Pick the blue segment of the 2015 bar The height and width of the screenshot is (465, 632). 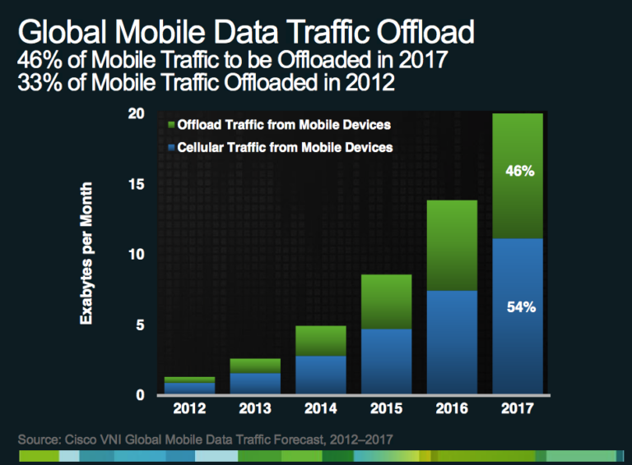[x=386, y=361]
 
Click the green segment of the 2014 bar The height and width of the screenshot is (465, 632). [x=320, y=341]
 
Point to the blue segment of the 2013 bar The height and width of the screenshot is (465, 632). [x=255, y=384]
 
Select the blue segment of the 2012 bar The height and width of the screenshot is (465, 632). [x=189, y=388]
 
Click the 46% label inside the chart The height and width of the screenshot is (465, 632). [x=520, y=173]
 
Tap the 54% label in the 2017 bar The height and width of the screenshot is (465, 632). [x=520, y=308]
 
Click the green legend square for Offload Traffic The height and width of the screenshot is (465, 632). [x=171, y=125]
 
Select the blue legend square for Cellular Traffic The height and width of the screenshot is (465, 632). [x=171, y=148]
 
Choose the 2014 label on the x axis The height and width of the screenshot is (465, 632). [x=320, y=408]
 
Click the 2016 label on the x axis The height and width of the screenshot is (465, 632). [x=452, y=408]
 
